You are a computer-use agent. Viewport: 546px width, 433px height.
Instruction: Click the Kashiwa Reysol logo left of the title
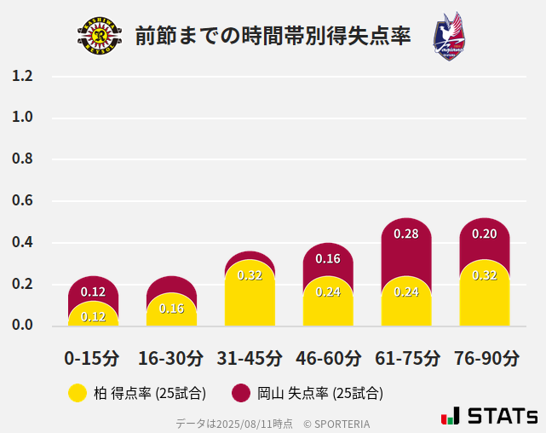(x=100, y=36)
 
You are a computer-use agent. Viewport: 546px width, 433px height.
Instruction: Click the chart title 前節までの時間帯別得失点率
(x=273, y=36)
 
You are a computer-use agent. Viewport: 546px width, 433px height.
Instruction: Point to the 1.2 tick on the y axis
(x=22, y=77)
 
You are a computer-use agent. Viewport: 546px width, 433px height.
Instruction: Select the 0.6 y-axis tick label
(x=22, y=201)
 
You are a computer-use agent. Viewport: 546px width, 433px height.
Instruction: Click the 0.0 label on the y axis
(x=22, y=325)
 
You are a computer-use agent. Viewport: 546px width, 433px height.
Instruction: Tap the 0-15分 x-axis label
(x=93, y=357)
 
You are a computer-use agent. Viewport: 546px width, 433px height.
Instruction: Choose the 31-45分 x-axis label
(x=250, y=357)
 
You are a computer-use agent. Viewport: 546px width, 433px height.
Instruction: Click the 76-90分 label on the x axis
(x=486, y=357)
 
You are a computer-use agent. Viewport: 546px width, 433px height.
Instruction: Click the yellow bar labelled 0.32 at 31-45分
(x=250, y=294)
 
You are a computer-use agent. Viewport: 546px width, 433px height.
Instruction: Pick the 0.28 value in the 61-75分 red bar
(x=406, y=234)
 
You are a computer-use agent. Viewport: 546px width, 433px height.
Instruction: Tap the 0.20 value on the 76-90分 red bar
(x=485, y=234)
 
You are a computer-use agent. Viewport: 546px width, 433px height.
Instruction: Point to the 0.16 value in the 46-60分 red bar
(x=328, y=258)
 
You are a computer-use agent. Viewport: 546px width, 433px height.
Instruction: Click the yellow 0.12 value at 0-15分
(x=93, y=316)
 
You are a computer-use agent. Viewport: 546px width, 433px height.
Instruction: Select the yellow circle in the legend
(x=78, y=393)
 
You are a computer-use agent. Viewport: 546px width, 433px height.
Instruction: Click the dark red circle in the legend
(x=241, y=393)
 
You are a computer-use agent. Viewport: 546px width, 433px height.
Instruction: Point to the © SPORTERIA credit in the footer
(x=336, y=424)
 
